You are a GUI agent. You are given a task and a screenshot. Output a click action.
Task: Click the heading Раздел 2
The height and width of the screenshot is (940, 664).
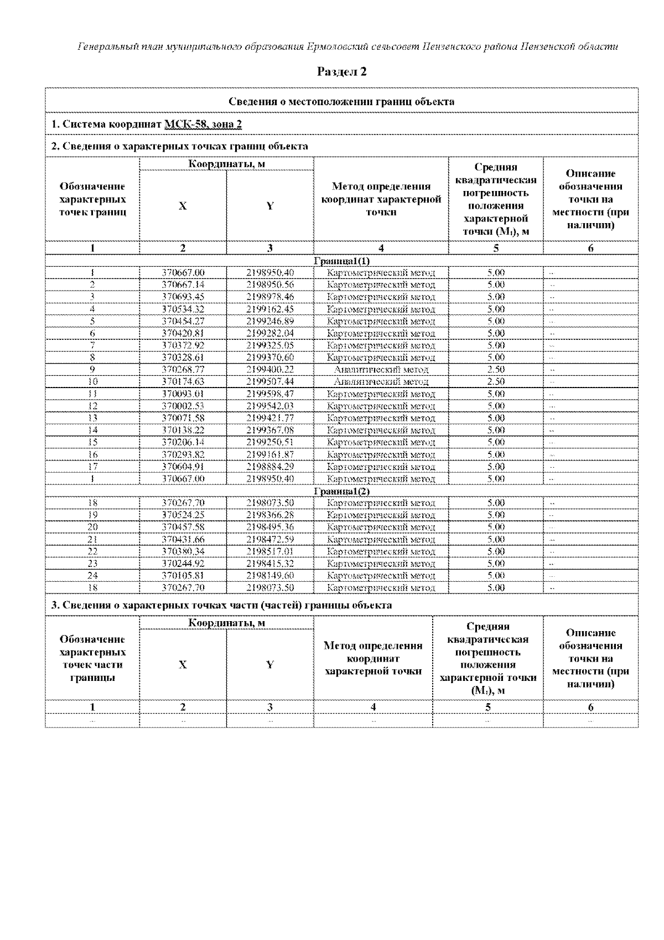pyautogui.click(x=341, y=71)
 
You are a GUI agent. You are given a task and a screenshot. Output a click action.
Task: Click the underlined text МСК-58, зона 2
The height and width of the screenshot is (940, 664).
pyautogui.click(x=204, y=124)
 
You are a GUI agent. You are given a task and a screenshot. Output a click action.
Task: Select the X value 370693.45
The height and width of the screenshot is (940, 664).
pyautogui.click(x=183, y=297)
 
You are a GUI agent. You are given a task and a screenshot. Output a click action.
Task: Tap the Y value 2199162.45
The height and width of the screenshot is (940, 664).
pyautogui.click(x=270, y=309)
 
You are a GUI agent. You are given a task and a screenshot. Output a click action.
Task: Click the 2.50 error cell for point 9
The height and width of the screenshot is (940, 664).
pyautogui.click(x=496, y=369)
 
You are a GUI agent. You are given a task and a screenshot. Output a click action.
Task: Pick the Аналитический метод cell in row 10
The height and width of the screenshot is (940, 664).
pyautogui.click(x=381, y=381)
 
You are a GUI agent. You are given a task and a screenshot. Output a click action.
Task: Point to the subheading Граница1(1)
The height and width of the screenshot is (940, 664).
pyautogui.click(x=341, y=261)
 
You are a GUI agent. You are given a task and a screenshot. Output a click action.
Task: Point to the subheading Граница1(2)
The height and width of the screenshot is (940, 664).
pyautogui.click(x=341, y=491)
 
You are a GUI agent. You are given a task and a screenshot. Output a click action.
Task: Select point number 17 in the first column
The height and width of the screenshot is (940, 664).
pyautogui.click(x=92, y=466)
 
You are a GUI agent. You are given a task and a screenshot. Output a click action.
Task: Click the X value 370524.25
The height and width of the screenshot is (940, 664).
pyautogui.click(x=183, y=515)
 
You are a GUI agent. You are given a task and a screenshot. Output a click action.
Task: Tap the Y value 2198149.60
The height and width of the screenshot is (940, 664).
pyautogui.click(x=270, y=575)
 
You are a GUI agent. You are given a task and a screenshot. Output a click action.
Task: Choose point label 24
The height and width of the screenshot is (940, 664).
pyautogui.click(x=92, y=575)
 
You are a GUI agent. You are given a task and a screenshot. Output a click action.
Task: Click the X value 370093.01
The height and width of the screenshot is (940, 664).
pyautogui.click(x=183, y=394)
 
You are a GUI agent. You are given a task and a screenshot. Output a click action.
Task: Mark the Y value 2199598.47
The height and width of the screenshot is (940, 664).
pyautogui.click(x=270, y=394)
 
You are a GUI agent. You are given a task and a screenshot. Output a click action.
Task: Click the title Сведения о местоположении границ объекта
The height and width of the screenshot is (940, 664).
pyautogui.click(x=341, y=101)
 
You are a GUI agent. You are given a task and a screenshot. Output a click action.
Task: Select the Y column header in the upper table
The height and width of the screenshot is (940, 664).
pyautogui.click(x=270, y=206)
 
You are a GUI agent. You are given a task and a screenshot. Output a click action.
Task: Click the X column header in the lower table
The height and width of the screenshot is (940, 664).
pyautogui.click(x=183, y=665)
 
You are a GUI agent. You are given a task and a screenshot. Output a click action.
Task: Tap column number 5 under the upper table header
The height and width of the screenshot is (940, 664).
pyautogui.click(x=496, y=248)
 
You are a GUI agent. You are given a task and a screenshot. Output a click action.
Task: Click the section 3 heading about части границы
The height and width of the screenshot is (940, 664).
pyautogui.click(x=221, y=605)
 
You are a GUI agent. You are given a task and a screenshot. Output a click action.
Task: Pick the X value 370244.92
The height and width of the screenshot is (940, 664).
pyautogui.click(x=183, y=564)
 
